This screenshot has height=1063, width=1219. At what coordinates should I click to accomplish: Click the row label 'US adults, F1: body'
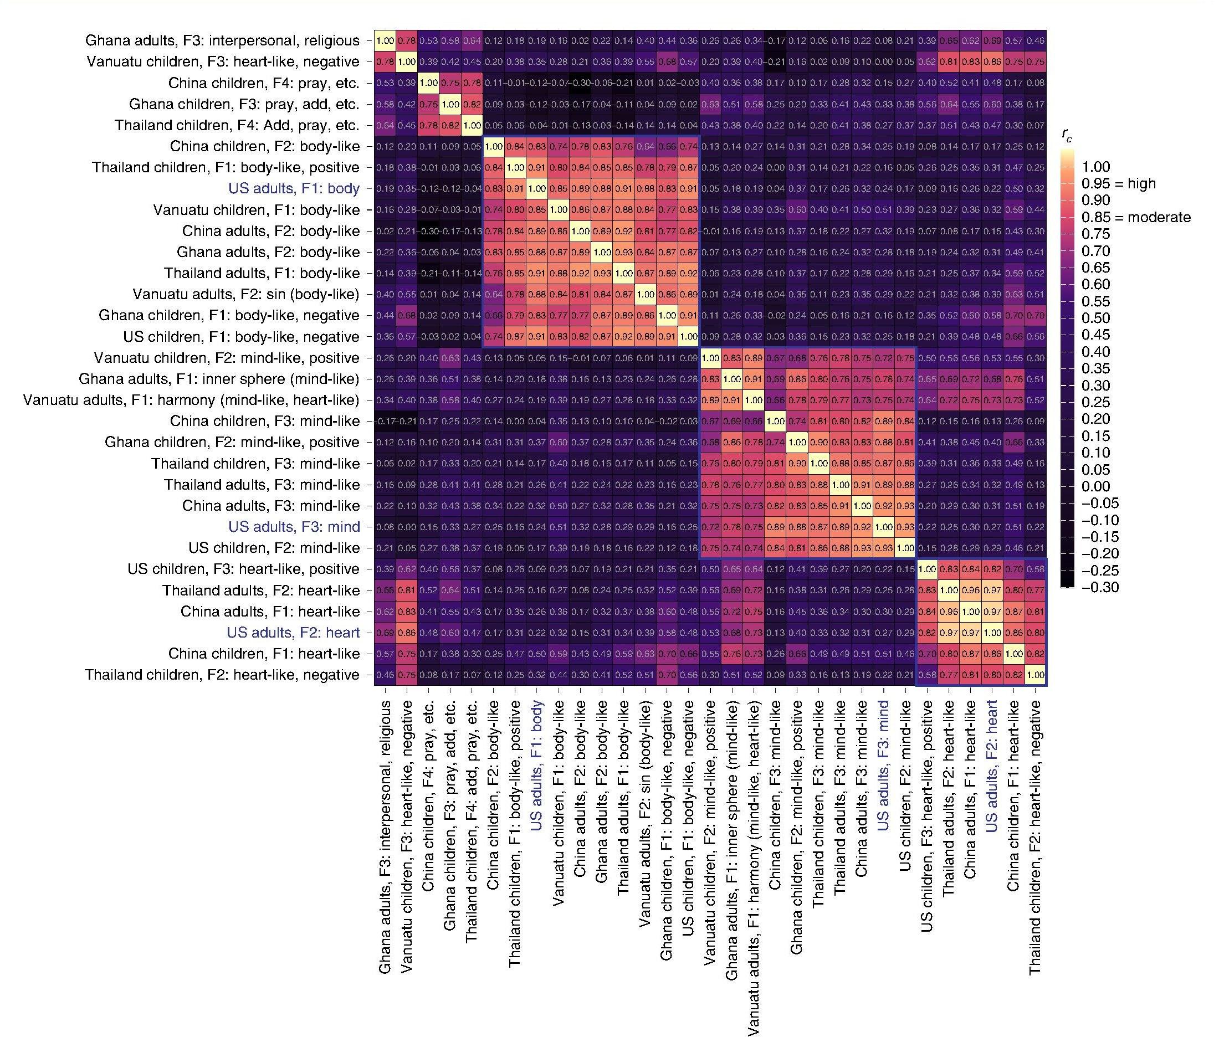pyautogui.click(x=294, y=189)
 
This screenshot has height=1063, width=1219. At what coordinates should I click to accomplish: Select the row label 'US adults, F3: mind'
pyautogui.click(x=294, y=527)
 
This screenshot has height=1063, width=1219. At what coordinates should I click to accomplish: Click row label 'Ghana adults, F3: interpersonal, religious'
pyautogui.click(x=222, y=41)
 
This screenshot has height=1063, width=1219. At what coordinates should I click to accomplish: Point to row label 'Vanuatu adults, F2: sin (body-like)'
pyautogui.click(x=245, y=294)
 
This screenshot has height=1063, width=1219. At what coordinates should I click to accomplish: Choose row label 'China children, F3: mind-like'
pyautogui.click(x=265, y=421)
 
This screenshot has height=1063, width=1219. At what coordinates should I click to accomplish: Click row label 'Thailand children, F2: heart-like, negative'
pyautogui.click(x=222, y=675)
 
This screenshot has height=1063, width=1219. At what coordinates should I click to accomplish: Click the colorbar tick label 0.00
pyautogui.click(x=1095, y=486)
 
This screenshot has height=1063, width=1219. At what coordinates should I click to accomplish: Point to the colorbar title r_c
pyautogui.click(x=1067, y=136)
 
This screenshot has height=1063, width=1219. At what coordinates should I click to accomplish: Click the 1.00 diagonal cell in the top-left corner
pyautogui.click(x=385, y=41)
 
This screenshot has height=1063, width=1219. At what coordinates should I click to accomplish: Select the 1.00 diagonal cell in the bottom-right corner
pyautogui.click(x=1036, y=675)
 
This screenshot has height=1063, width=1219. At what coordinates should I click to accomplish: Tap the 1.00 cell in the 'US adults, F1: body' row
pyautogui.click(x=536, y=189)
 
